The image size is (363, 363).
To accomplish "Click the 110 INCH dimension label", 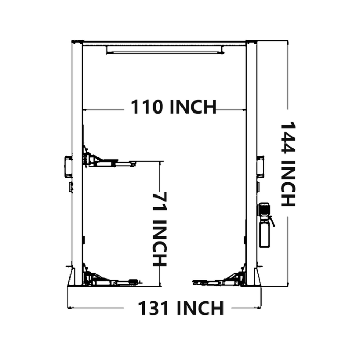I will pyautogui.click(x=173, y=107).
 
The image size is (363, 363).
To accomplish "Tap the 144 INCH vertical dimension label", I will pyautogui.click(x=287, y=164).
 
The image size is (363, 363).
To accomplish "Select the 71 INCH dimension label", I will pyautogui.click(x=160, y=229).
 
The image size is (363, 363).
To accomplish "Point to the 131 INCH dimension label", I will pyautogui.click(x=180, y=308).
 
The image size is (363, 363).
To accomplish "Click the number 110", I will pyautogui.click(x=141, y=107).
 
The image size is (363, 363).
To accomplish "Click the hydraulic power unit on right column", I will pyautogui.click(x=265, y=225).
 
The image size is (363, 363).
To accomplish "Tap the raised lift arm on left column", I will pyautogui.click(x=109, y=162).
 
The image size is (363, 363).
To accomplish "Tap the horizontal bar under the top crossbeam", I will pyautogui.click(x=165, y=50).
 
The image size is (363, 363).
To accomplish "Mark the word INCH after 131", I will pyautogui.click(x=200, y=308).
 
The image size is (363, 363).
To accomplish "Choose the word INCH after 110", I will pyautogui.click(x=192, y=107).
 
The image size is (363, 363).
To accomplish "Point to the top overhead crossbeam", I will pyautogui.click(x=165, y=41).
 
